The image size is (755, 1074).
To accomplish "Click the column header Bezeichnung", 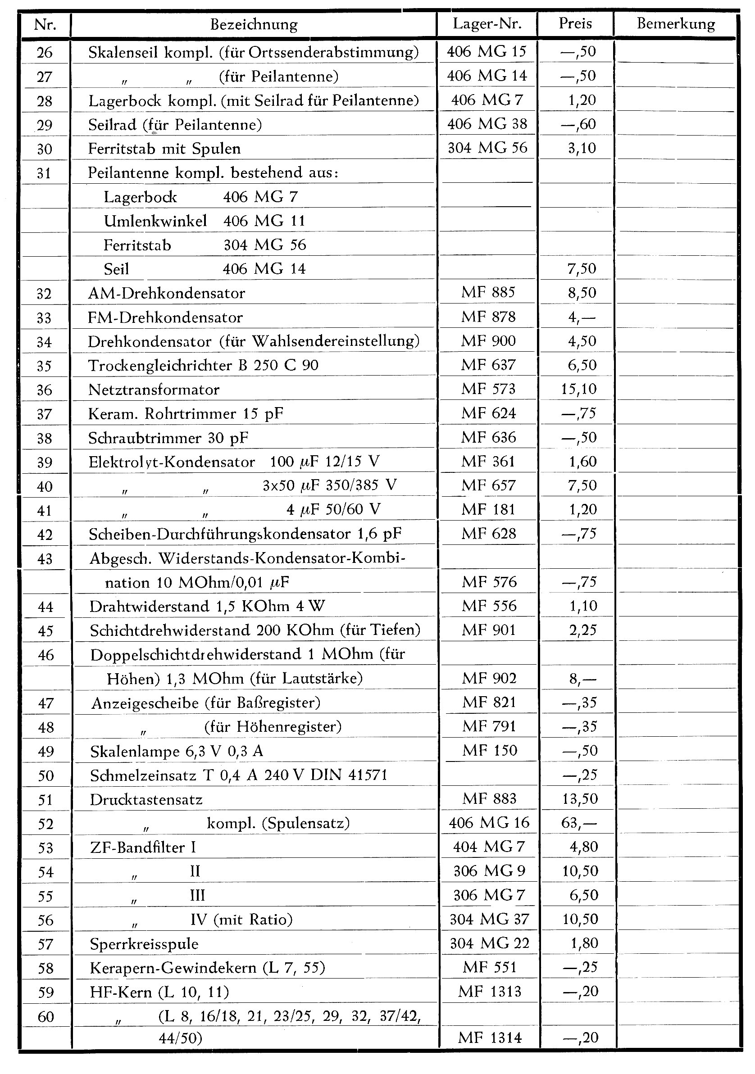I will pyautogui.click(x=254, y=24).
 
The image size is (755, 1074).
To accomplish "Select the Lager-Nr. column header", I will pyautogui.click(x=487, y=24).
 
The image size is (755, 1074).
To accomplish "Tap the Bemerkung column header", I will pyautogui.click(x=675, y=24).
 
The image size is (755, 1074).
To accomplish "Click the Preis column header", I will pyautogui.click(x=575, y=24).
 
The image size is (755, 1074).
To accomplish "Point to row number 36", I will pyautogui.click(x=45, y=390).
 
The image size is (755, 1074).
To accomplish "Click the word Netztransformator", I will pyautogui.click(x=154, y=390).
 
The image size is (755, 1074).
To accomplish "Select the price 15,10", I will pyautogui.click(x=579, y=389).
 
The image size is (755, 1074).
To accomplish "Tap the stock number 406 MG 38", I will pyautogui.click(x=487, y=124).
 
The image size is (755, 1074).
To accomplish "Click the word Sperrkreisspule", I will pyautogui.click(x=144, y=944).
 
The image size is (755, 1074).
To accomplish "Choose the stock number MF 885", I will pyautogui.click(x=488, y=293).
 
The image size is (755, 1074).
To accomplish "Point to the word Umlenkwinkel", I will pyautogui.click(x=155, y=221).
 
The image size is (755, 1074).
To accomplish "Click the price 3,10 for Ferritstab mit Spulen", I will pyautogui.click(x=582, y=148).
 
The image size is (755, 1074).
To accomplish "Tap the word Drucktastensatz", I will pyautogui.click(x=146, y=799).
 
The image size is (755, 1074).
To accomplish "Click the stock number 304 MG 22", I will pyautogui.click(x=489, y=943).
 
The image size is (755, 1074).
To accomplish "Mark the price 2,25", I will pyautogui.click(x=583, y=630).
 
